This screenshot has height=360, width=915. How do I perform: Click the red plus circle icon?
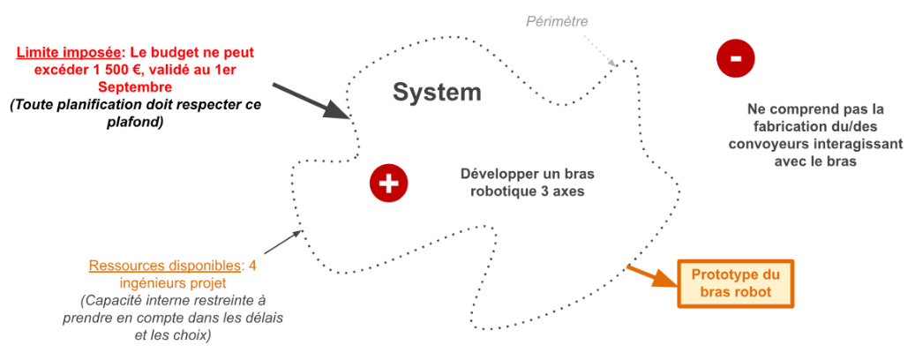coord(388,183)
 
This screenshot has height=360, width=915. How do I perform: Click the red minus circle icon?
coord(735,57)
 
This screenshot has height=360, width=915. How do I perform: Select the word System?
coord(437,92)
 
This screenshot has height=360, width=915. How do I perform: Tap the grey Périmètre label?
coord(557,21)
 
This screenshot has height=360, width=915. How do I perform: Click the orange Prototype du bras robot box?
coord(735,283)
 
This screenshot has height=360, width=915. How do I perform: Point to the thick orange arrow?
coord(652,276)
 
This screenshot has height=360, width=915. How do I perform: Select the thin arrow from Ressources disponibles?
coord(283,242)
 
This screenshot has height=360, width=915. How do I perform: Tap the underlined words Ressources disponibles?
coord(165,266)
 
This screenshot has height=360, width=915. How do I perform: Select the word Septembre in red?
coord(135,87)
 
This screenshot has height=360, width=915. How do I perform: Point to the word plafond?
coord(135,124)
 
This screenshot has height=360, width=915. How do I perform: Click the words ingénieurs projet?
coord(173,283)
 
